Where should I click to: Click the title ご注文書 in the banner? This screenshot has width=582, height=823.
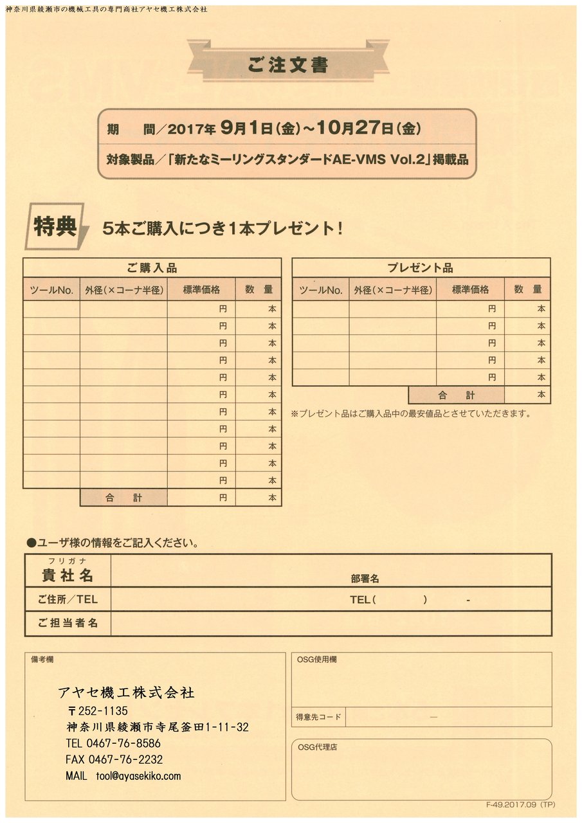point(287,66)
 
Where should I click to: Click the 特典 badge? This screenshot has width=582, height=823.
point(56,227)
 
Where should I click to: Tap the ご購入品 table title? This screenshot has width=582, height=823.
point(152,268)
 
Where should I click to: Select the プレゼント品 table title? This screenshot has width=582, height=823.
point(421,268)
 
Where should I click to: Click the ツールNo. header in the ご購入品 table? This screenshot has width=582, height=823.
point(51,290)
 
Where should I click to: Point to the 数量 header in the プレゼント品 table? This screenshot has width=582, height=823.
point(527,290)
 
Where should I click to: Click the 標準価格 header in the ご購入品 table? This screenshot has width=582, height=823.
point(201,290)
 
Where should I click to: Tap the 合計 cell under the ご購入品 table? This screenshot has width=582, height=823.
point(123,498)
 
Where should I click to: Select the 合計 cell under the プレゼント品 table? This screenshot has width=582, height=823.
point(456,395)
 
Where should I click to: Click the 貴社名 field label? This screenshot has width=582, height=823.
point(68,574)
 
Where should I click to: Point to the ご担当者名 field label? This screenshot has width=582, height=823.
point(68,623)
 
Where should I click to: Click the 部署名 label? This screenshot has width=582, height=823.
point(365,579)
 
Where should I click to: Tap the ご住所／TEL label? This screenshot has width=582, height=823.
point(68,599)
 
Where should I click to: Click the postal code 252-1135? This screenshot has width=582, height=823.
point(102,710)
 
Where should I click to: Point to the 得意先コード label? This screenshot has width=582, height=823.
point(318,716)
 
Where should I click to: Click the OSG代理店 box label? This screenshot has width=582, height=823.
point(318,747)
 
